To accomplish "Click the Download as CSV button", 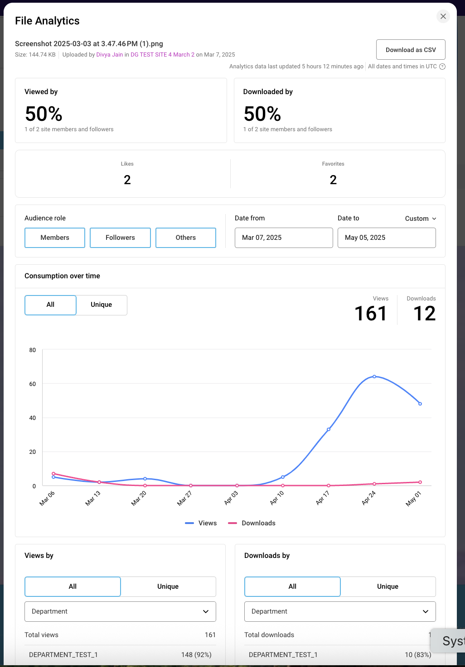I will click(411, 50).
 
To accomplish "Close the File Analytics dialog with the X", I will click(443, 16).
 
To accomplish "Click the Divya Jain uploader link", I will click(110, 55).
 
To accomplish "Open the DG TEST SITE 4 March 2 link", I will click(162, 55).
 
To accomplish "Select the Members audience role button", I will click(55, 238).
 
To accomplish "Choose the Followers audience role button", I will click(120, 238).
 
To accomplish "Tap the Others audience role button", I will click(186, 238).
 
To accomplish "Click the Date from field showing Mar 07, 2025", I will click(284, 238).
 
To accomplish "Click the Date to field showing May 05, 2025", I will click(387, 238).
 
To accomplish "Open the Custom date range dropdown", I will click(421, 219).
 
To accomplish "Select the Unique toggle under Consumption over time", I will click(102, 305).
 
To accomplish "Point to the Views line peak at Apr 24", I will click(374, 376).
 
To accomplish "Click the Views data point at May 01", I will click(420, 404).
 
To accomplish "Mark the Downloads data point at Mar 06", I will click(53, 474).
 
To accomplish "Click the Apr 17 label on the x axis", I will click(323, 498).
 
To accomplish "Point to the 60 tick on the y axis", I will click(33, 384).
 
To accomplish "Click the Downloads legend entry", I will click(252, 523).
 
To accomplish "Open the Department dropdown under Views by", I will click(120, 611).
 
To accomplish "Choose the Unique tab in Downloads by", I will click(388, 586).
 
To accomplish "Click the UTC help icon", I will click(442, 67).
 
